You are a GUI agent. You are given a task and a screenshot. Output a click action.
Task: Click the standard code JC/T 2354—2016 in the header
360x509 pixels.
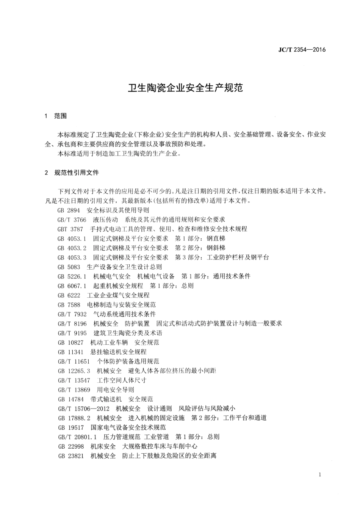pyautogui.click(x=302, y=50)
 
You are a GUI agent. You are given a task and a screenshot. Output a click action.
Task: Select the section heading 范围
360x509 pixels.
pyautogui.click(x=60, y=116)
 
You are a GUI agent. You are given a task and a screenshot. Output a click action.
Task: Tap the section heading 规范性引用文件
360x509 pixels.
pyautogui.click(x=76, y=173)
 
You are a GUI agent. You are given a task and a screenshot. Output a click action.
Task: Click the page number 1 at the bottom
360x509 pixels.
pyautogui.click(x=320, y=474)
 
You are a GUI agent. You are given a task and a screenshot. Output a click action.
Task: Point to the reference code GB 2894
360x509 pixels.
pyautogui.click(x=69, y=210)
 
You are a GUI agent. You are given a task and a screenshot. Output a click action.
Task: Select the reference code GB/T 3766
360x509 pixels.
pyautogui.click(x=72, y=220)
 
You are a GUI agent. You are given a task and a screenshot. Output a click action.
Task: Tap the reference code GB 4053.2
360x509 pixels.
pyautogui.click(x=72, y=248)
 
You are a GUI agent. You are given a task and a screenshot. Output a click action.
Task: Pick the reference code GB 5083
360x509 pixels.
pyautogui.click(x=69, y=267)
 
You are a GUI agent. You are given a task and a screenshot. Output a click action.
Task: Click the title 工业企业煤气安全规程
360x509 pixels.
pyautogui.click(x=118, y=295)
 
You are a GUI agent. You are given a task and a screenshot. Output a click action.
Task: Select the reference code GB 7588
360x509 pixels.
pyautogui.click(x=69, y=305)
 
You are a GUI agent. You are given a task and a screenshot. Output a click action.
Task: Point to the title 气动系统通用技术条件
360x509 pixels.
pyautogui.click(x=124, y=314)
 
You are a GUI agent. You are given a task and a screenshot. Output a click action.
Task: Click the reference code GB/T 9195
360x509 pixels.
pyautogui.click(x=72, y=333)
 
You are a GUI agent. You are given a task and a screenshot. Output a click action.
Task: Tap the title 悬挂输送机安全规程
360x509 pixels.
pyautogui.click(x=118, y=352)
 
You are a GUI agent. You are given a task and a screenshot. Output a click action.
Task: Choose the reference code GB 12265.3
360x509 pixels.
pyautogui.click(x=74, y=371)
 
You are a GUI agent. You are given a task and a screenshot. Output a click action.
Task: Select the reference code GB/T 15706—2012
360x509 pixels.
pyautogui.click(x=83, y=408)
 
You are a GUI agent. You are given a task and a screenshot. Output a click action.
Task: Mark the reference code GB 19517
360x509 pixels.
pyautogui.click(x=71, y=427)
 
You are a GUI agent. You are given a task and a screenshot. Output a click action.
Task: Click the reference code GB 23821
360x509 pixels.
pyautogui.click(x=71, y=456)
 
